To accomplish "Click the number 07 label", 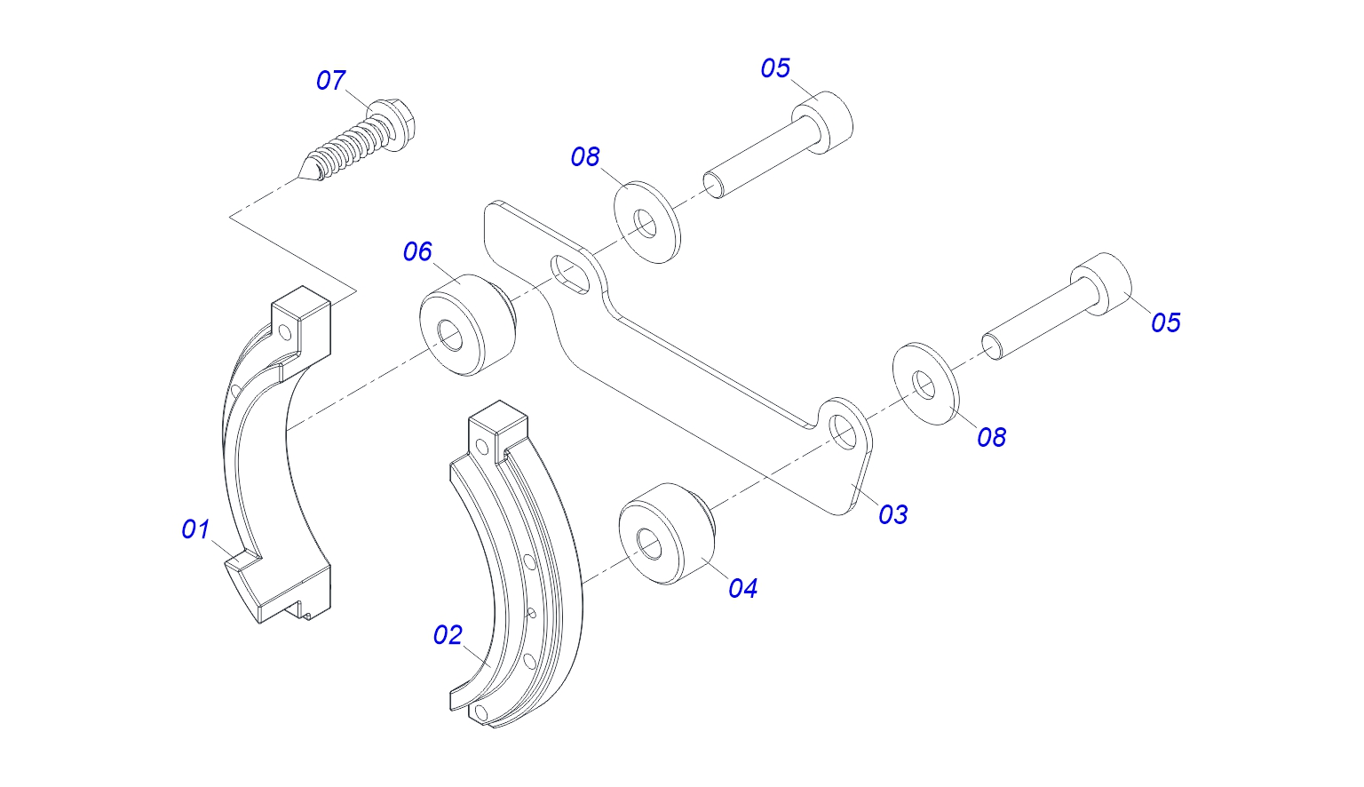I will point(330,81).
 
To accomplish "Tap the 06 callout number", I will point(417,252).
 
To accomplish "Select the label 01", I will point(195,529).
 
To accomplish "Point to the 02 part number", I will point(448,635).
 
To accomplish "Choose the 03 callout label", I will point(893,514).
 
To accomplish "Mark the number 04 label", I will point(742,588).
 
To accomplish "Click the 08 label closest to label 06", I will point(585,157).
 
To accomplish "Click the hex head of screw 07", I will point(393,116).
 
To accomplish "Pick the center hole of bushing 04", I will point(650,544).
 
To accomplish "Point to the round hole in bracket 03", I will point(840,430).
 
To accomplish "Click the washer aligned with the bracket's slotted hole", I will point(646,223).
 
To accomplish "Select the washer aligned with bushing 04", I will point(924,385).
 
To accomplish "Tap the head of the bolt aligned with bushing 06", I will point(824,121).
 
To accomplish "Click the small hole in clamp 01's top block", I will point(285,333).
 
